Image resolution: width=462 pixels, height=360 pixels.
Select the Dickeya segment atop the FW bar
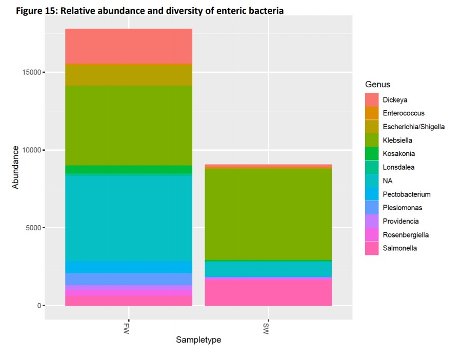click(128, 46)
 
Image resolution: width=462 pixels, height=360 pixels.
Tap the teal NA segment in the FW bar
click(128, 218)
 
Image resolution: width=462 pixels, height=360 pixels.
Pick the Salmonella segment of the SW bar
click(268, 292)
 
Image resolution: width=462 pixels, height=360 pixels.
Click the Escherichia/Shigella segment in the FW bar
click(128, 74)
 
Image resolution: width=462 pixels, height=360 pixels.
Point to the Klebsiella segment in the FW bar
click(128, 125)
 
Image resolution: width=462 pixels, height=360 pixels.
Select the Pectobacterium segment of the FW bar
click(128, 267)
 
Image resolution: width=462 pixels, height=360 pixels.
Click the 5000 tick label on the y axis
click(33, 228)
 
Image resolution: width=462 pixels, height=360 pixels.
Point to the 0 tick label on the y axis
click(39, 306)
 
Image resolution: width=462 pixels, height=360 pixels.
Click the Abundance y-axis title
click(15, 167)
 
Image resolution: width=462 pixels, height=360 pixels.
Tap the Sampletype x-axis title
click(198, 340)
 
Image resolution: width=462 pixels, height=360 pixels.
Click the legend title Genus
click(377, 85)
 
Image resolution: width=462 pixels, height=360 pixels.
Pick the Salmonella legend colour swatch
click(372, 248)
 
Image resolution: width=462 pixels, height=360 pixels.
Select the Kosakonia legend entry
click(398, 154)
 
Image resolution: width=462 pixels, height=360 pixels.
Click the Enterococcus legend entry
click(404, 113)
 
